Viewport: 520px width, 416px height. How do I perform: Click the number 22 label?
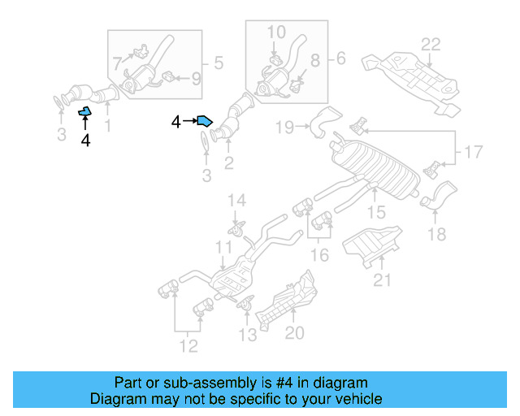[x=430, y=44]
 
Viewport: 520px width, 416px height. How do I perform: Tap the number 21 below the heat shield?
[x=382, y=280]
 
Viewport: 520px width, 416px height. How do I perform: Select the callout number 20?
[x=294, y=332]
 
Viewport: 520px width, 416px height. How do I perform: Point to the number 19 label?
[x=284, y=127]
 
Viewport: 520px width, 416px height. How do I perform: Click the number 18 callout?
[x=436, y=234]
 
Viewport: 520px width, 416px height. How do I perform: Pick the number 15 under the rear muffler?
[x=375, y=212]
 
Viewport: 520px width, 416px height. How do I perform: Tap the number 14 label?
[x=236, y=201]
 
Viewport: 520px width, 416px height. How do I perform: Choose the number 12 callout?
[x=188, y=348]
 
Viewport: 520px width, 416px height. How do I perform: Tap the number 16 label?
[x=320, y=256]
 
